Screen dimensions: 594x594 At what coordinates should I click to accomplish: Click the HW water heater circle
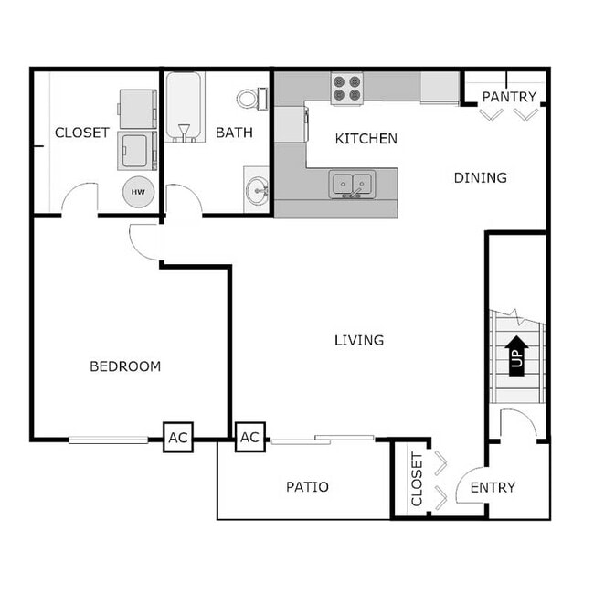pos(138,192)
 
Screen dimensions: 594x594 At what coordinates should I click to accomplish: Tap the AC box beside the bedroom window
pos(177,438)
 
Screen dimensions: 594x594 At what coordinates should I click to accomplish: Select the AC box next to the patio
pos(249,438)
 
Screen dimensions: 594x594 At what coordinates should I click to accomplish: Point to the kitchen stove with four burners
pos(346,89)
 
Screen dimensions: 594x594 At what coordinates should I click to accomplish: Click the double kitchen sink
pos(352,184)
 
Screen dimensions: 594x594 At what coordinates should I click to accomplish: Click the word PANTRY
pos(509,97)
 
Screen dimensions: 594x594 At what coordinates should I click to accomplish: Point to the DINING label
pos(480,177)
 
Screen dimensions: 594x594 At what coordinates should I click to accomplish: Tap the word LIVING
pos(358,340)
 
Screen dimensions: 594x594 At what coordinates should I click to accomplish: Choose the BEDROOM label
pos(125,366)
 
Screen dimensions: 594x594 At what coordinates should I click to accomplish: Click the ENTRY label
pos(493,487)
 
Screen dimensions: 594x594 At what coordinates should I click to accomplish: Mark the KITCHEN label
pos(366,139)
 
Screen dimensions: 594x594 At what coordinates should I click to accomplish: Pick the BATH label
pos(234,133)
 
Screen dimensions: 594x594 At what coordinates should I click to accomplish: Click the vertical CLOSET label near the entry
pos(417,480)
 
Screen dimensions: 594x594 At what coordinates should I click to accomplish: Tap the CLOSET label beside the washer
pos(82,133)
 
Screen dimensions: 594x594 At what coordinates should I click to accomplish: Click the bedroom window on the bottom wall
pos(108,440)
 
